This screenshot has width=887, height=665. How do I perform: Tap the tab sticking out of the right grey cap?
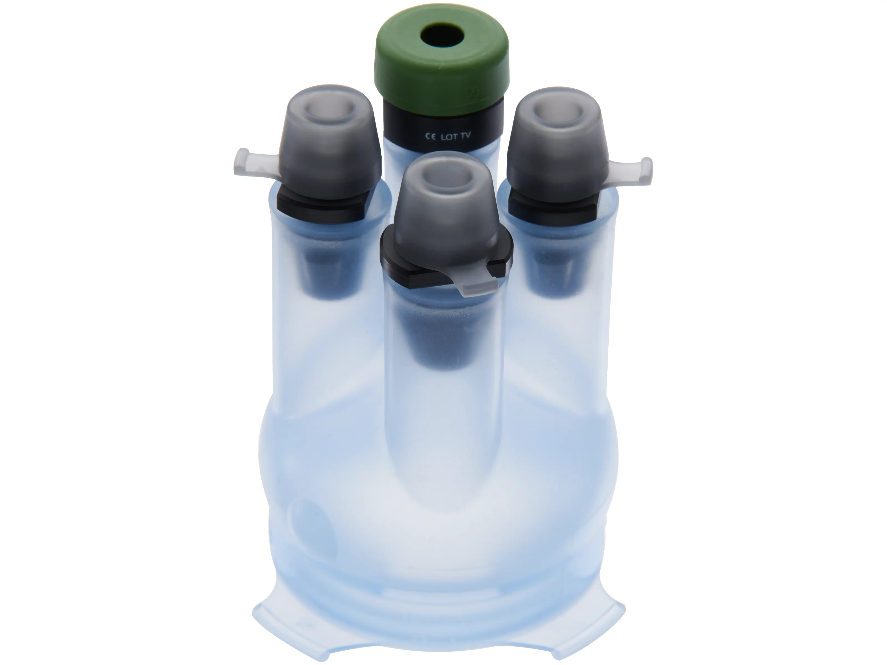(x=629, y=169)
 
